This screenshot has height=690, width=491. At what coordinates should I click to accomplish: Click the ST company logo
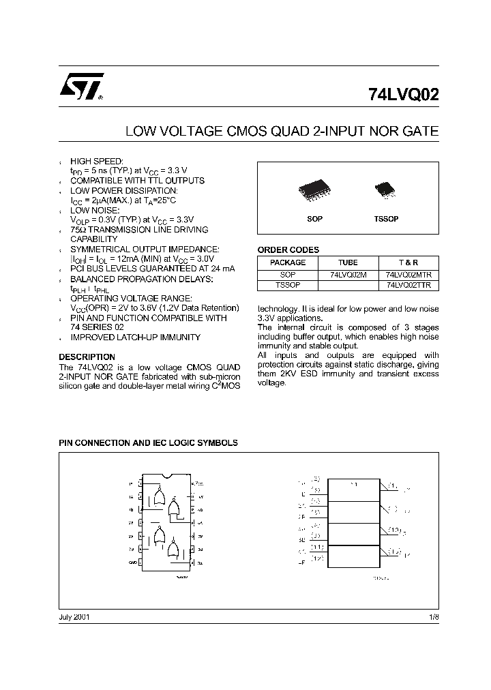(79, 87)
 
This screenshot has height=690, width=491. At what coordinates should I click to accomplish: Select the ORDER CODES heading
(288, 250)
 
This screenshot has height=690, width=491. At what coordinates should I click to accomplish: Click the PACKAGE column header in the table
(288, 262)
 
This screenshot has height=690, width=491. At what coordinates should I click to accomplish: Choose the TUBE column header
(348, 262)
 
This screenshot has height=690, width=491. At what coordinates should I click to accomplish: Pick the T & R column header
(409, 262)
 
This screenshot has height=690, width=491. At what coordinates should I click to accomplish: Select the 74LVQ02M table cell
(348, 274)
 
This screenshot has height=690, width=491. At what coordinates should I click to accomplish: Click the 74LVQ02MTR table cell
(409, 274)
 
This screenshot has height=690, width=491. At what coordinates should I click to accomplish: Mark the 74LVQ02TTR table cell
(409, 285)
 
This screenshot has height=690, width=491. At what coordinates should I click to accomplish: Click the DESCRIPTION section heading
(87, 357)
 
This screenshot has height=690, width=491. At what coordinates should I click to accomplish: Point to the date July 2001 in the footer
(74, 616)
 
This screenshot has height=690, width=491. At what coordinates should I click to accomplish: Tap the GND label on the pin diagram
(132, 562)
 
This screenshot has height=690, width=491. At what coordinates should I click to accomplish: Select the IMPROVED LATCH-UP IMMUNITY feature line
(136, 337)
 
